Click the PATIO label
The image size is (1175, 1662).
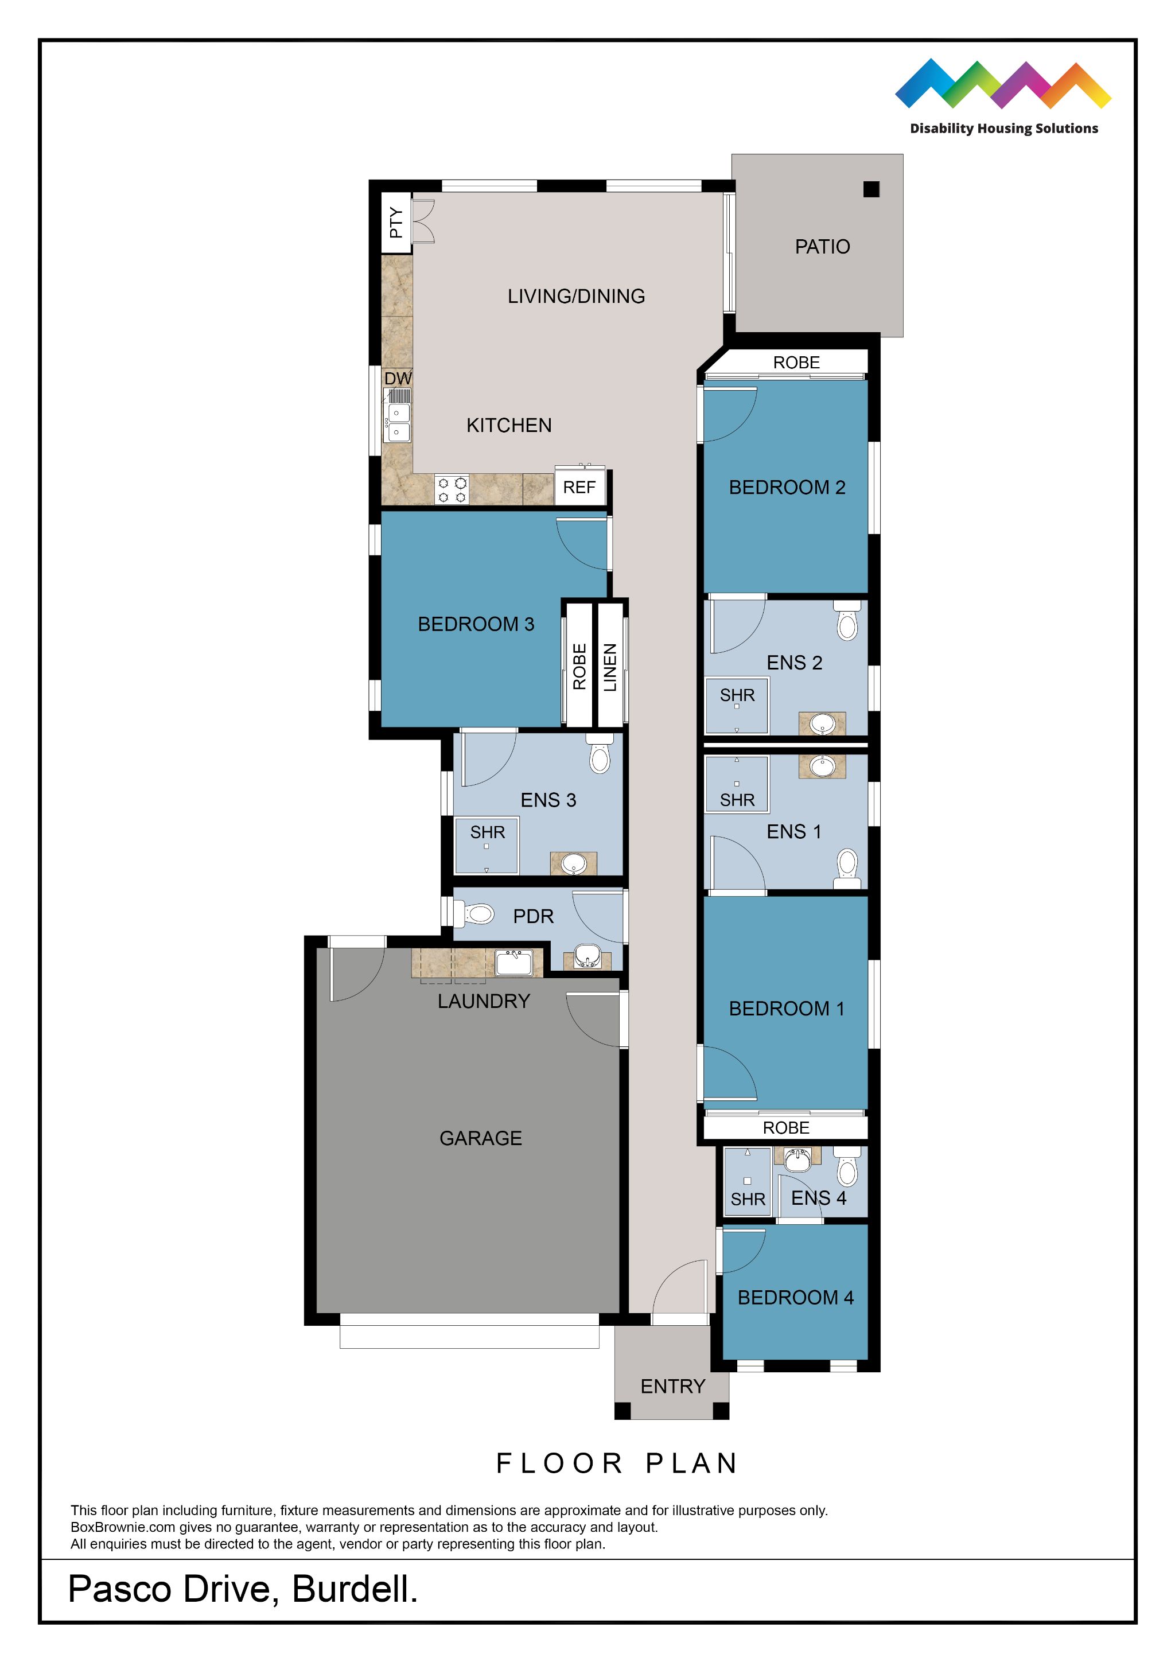pyautogui.click(x=822, y=247)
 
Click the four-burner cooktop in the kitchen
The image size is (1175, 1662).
pyautogui.click(x=452, y=489)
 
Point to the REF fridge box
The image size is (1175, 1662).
pyautogui.click(x=579, y=487)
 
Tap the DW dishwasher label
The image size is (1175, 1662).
pyautogui.click(x=398, y=379)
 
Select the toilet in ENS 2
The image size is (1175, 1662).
pyautogui.click(x=846, y=622)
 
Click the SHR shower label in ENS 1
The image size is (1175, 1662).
pyautogui.click(x=737, y=800)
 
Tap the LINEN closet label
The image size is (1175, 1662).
pyautogui.click(x=610, y=667)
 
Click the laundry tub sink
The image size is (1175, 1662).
pyautogui.click(x=514, y=963)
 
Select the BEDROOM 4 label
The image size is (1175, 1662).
pyautogui.click(x=795, y=1298)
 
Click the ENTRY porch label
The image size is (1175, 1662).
pyautogui.click(x=672, y=1386)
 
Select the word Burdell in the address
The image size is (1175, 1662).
pyautogui.click(x=354, y=1590)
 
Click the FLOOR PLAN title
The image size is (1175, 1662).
pyautogui.click(x=617, y=1464)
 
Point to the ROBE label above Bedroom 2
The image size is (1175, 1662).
pyautogui.click(x=796, y=363)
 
